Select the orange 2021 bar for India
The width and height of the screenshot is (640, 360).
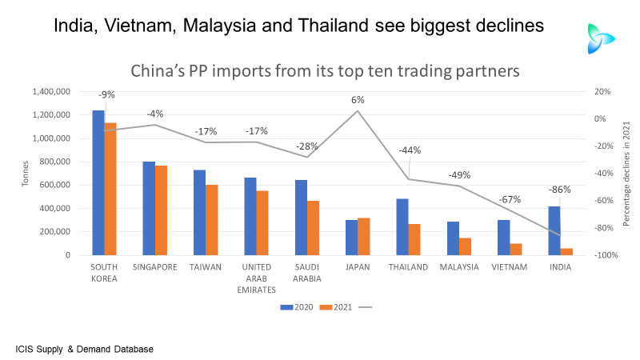(566, 251)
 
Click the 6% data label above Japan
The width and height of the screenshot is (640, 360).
(358, 100)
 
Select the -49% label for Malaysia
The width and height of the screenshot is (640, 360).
(459, 174)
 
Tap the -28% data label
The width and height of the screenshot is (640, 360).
(307, 146)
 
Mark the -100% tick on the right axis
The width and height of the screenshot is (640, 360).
(602, 255)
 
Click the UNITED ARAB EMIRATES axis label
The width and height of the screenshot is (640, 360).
(256, 278)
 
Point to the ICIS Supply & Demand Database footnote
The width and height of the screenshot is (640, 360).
(84, 349)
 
